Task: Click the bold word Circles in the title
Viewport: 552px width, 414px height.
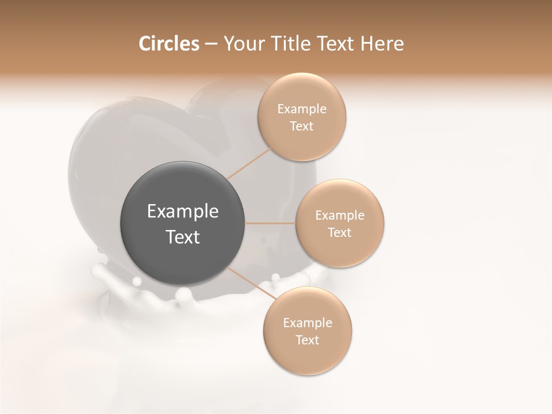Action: [x=168, y=44]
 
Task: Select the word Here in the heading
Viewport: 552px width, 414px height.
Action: [x=382, y=44]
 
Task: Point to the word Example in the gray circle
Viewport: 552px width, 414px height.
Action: [x=183, y=212]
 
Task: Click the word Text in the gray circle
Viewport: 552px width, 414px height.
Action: [x=183, y=237]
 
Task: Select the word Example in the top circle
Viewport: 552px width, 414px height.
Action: [x=302, y=109]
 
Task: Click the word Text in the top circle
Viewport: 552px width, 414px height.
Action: [x=302, y=126]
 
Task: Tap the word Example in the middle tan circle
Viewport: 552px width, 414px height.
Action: [x=340, y=216]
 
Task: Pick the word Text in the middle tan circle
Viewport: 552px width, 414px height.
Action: [x=340, y=232]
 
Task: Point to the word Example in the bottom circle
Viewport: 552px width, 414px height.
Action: [x=308, y=323]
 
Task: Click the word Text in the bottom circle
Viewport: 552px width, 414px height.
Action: [x=308, y=340]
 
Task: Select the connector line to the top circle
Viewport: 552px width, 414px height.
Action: [x=249, y=163]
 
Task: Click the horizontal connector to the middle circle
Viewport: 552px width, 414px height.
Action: [x=270, y=223]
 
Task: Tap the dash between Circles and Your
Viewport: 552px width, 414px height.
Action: [x=211, y=44]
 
